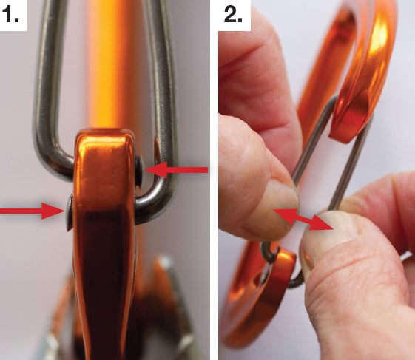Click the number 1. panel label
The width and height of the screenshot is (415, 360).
[12, 14]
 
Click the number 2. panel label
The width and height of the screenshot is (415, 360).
[234, 14]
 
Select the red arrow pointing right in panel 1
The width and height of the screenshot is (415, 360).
[33, 211]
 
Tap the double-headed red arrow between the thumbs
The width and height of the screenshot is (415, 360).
[303, 220]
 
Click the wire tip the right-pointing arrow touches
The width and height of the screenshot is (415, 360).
[70, 212]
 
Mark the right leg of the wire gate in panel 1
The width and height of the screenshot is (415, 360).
[163, 79]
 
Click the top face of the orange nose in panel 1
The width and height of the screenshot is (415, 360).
[104, 135]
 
